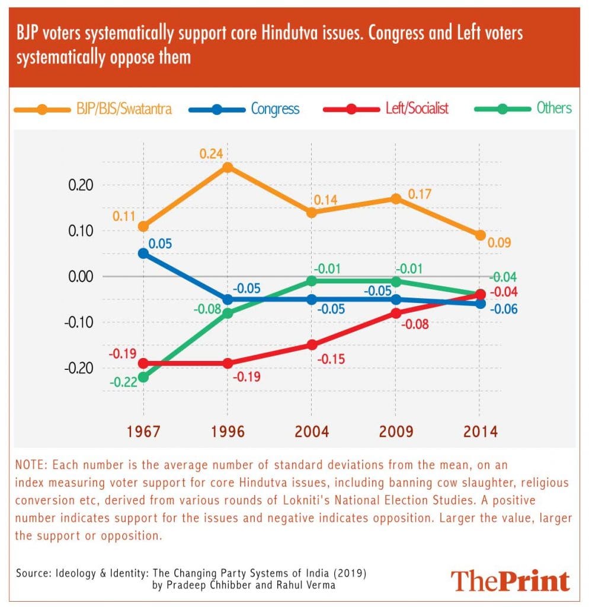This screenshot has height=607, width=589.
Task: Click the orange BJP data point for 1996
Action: pos(227,167)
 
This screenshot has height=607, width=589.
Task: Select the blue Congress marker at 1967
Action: pos(143,253)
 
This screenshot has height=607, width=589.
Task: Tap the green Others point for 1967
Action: pos(143,377)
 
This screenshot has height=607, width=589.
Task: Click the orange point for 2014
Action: pos(479,235)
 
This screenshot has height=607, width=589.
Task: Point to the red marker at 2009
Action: pos(395,313)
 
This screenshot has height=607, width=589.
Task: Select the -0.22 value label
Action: pos(124,382)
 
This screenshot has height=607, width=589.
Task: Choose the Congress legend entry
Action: pos(275,108)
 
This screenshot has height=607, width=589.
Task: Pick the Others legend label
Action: pos(554,108)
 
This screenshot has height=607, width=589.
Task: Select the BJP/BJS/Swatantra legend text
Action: pos(120,109)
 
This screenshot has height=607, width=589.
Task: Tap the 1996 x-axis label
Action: pos(228,431)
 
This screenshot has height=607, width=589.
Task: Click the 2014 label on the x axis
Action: pos(479,431)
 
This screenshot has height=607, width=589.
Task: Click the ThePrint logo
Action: pos(510,580)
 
